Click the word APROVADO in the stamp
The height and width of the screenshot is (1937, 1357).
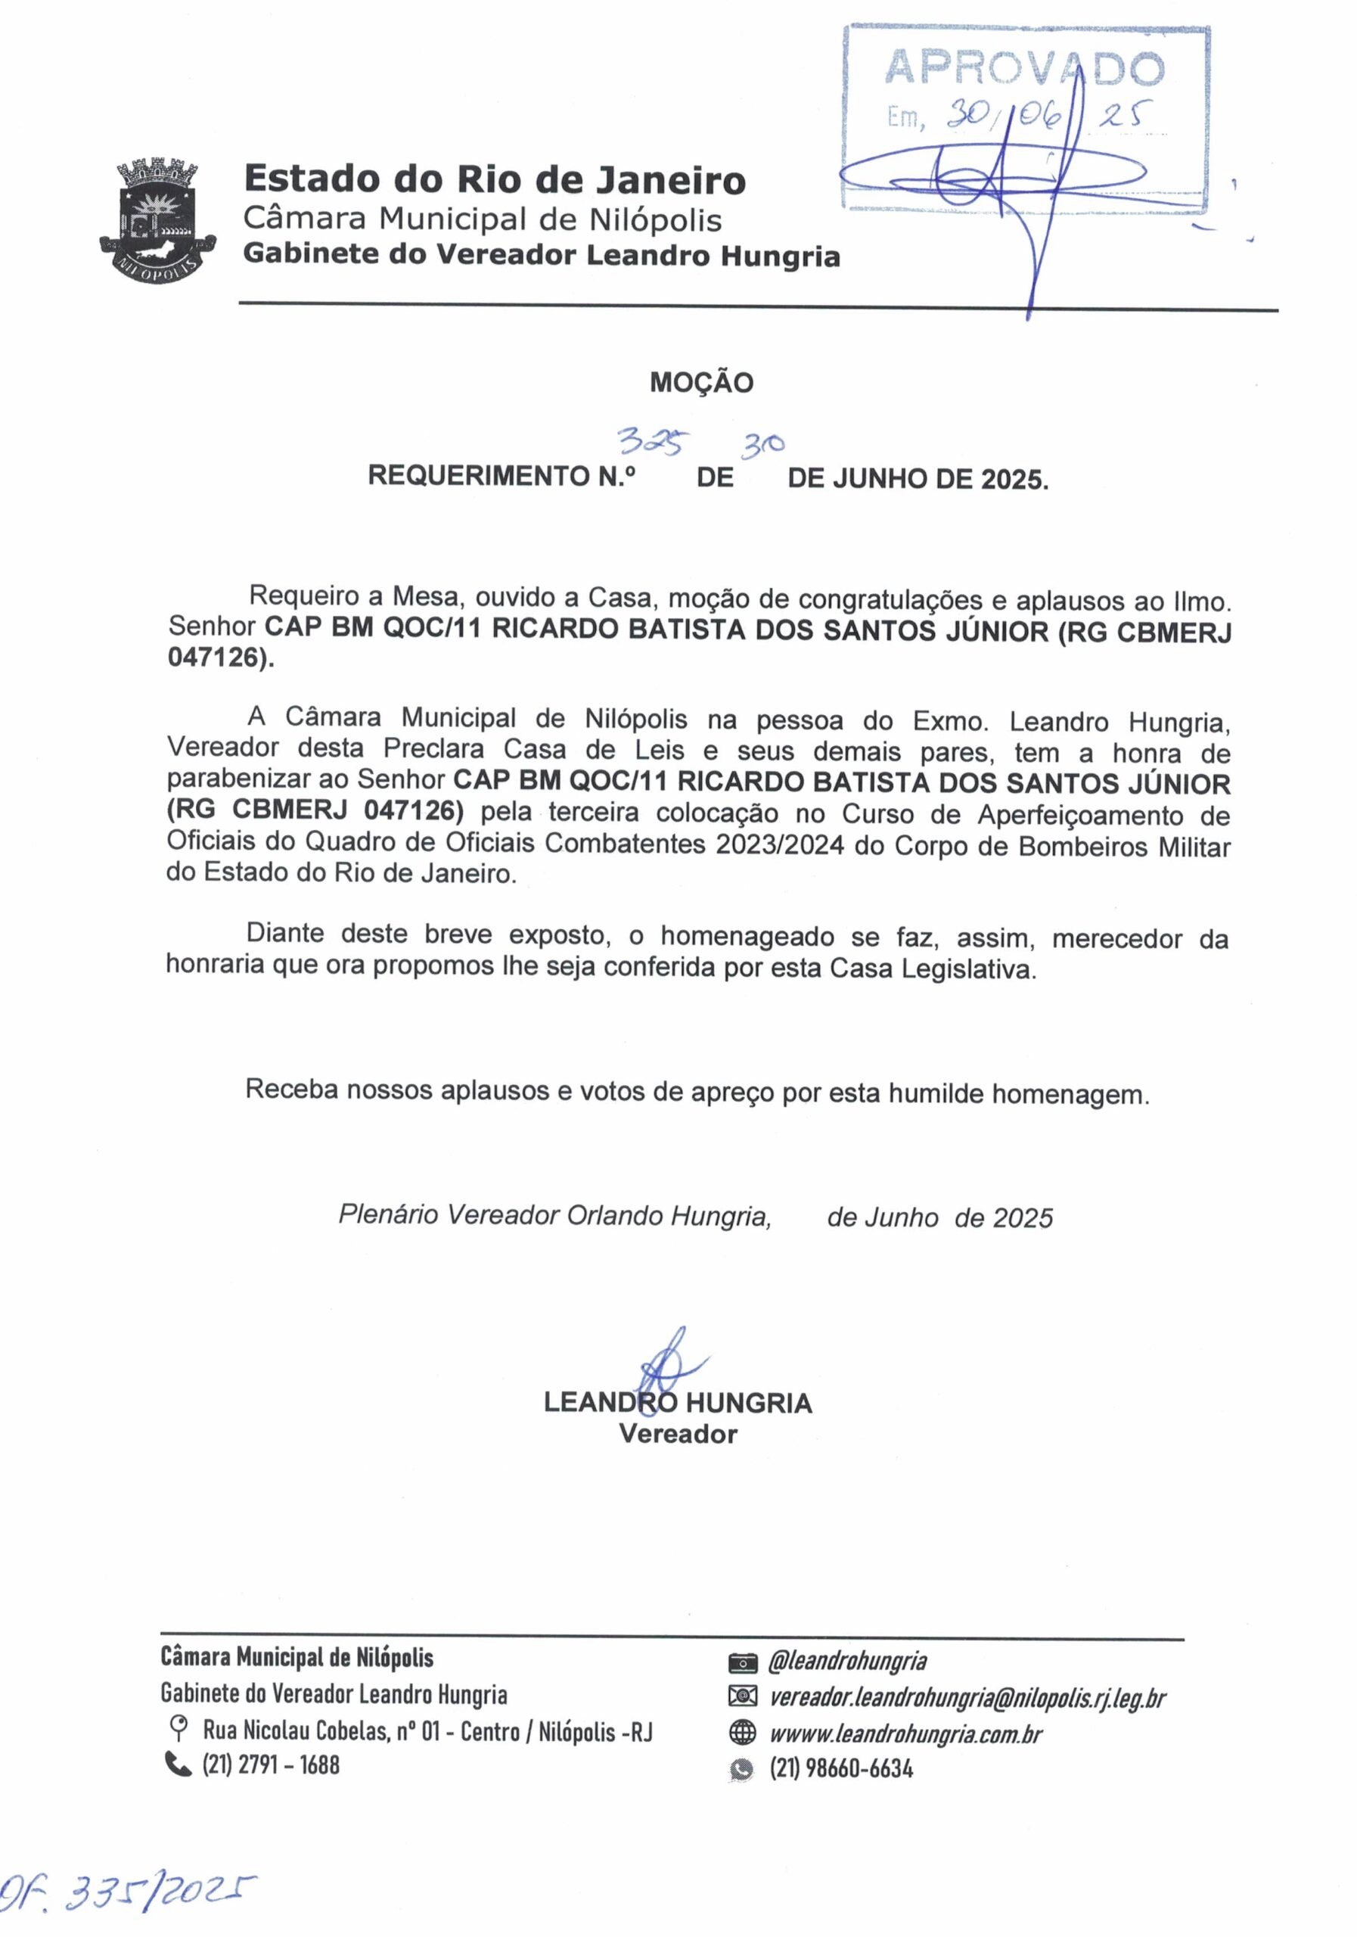pyautogui.click(x=1024, y=67)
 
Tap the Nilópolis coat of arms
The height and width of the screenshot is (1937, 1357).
pyautogui.click(x=158, y=221)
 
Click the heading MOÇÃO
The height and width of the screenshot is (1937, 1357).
pyautogui.click(x=701, y=382)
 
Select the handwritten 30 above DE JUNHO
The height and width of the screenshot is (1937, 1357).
pyautogui.click(x=762, y=445)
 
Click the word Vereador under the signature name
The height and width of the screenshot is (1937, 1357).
pyautogui.click(x=677, y=1433)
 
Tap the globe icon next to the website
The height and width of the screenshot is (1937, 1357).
pyautogui.click(x=741, y=1733)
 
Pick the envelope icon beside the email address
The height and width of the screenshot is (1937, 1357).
pyautogui.click(x=741, y=1696)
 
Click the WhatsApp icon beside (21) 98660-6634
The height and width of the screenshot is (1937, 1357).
pyautogui.click(x=741, y=1769)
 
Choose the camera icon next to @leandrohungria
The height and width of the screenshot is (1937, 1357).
pyautogui.click(x=741, y=1663)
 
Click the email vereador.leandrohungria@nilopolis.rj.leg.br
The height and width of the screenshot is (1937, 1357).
pyautogui.click(x=967, y=1697)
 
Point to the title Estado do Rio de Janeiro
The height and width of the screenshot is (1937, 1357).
pyautogui.click(x=494, y=179)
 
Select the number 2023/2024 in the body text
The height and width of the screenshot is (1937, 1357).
pyautogui.click(x=779, y=844)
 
